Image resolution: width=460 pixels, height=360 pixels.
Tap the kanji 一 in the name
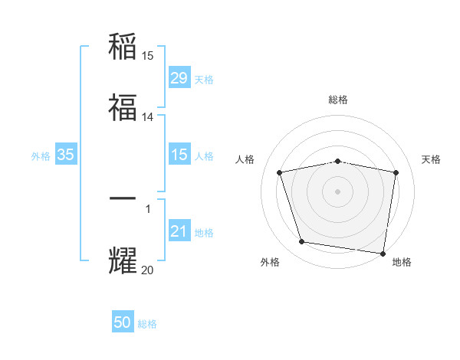coord(123,198)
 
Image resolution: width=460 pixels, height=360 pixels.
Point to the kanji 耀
coord(123,260)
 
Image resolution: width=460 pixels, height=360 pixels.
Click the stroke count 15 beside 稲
coord(148,56)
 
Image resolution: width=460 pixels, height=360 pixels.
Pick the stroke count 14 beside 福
coord(148,117)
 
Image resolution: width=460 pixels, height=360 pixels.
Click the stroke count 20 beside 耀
coord(148,270)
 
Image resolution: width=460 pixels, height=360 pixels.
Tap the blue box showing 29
coord(179,78)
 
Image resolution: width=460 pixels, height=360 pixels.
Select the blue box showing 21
coord(179,231)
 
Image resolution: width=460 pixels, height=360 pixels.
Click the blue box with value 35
coord(66,155)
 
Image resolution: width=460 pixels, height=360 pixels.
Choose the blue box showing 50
coord(123,322)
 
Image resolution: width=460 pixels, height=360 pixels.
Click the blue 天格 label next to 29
coord(204,79)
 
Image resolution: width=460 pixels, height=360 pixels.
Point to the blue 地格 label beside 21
coord(204,232)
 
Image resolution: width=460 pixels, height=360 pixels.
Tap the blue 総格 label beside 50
coord(147,324)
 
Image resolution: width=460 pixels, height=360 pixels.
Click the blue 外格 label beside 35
coord(41,155)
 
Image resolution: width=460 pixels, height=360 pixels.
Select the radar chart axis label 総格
coord(338,100)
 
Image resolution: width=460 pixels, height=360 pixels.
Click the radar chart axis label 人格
coord(245,159)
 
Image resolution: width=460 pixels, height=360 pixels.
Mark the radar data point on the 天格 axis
coord(396,172)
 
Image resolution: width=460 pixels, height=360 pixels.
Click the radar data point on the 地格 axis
coord(383,253)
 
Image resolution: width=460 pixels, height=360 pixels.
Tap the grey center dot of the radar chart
coord(338,191)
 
